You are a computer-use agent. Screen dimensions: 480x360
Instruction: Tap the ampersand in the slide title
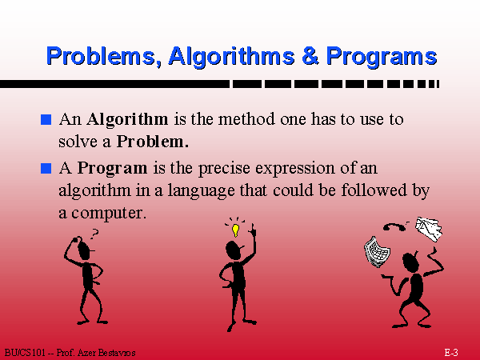310,55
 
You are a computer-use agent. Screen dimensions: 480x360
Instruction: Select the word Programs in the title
382,57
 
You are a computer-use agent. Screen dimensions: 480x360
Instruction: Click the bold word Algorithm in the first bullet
127,120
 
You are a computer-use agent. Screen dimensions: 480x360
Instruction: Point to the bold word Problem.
153,142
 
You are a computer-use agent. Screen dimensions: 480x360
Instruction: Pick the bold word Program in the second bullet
112,169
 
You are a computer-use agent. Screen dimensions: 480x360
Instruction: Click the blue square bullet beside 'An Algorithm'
46,119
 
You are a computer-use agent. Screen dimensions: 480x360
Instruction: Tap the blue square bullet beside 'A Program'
46,168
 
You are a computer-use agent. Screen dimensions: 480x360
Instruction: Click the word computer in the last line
107,214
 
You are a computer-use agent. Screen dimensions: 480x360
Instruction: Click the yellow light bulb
235,230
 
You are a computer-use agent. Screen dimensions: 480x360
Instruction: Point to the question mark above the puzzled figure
94,234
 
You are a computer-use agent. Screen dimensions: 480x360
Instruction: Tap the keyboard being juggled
377,252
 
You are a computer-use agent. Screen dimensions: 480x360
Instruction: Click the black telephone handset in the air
394,227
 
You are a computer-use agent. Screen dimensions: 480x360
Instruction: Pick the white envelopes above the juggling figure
429,229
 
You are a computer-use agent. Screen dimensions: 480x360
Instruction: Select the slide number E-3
451,352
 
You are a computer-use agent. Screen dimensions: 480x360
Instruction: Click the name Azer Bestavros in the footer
106,353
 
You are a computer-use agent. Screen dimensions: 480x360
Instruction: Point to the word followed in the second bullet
374,190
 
